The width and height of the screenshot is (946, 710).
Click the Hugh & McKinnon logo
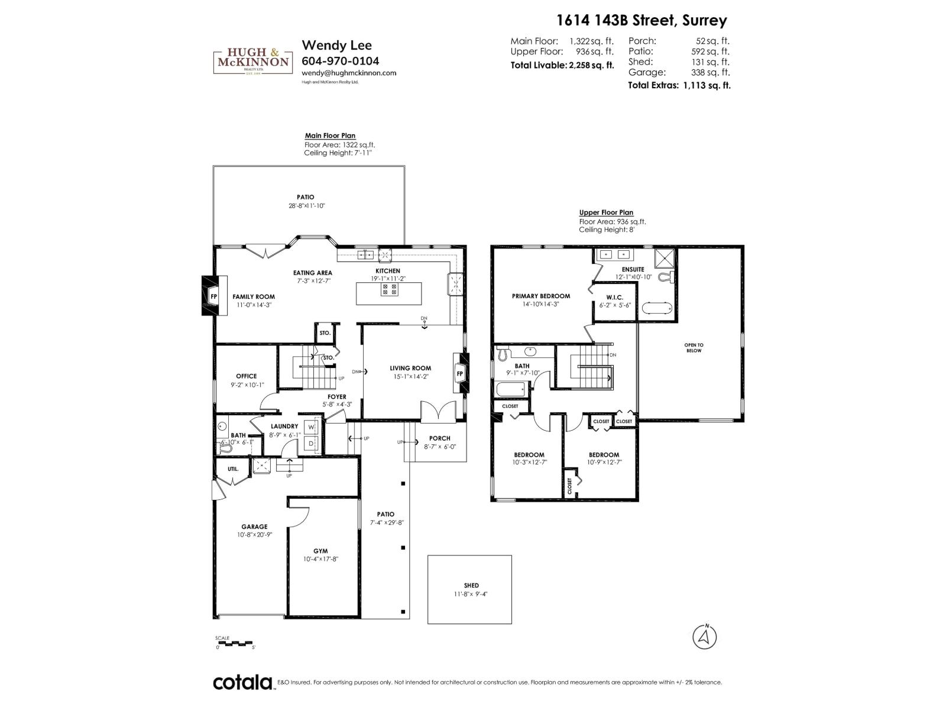point(253,62)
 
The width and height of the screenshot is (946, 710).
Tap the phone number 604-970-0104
point(340,61)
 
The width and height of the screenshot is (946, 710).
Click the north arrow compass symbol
point(704,637)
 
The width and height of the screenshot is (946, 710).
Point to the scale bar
point(234,643)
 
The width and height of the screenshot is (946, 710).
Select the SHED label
point(471,585)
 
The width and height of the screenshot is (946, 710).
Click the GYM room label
point(320,551)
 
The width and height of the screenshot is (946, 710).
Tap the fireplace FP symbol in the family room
point(213,296)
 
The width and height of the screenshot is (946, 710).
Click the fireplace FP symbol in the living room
point(459,374)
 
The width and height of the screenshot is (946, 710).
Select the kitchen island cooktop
point(389,289)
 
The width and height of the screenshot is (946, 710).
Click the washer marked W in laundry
point(311,427)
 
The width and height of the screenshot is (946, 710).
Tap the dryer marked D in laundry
point(311,443)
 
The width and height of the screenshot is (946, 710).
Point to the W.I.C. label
point(615,297)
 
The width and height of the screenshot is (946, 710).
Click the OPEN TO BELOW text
point(694,347)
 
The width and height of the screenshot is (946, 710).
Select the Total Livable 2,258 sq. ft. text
point(562,66)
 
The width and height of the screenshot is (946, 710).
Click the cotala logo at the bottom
point(242,682)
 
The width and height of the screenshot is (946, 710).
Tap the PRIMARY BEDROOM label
point(541,296)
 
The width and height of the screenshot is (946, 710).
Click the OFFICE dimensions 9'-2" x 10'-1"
point(247,385)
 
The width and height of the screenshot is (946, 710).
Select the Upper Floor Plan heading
point(606,212)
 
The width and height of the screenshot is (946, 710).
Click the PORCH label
point(439,438)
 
